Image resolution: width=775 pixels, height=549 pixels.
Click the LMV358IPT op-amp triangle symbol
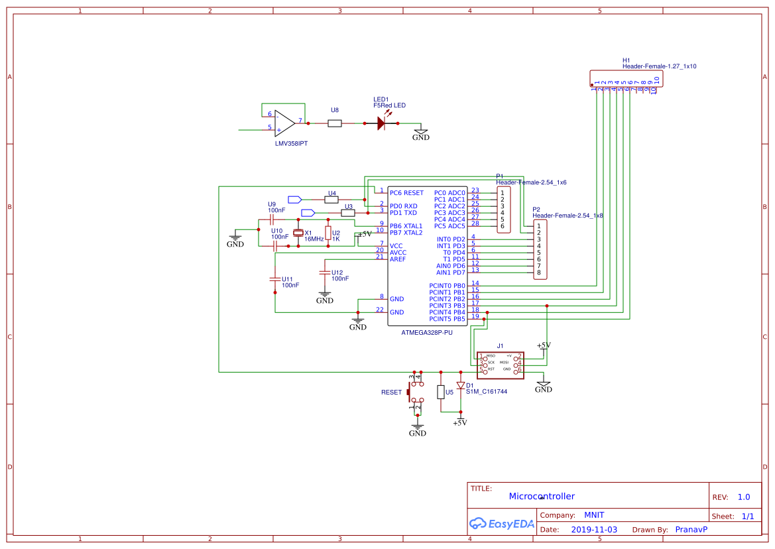point(284,123)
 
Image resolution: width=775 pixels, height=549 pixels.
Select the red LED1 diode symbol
point(381,123)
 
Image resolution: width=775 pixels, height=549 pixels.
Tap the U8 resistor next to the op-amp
point(335,123)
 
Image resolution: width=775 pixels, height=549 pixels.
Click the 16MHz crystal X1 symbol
point(298,233)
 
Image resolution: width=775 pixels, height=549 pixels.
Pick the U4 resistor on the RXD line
point(331,199)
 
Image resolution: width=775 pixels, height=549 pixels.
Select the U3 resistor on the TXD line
point(347,213)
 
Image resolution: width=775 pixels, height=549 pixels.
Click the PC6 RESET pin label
point(406,193)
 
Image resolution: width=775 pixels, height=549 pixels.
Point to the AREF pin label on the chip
point(398,259)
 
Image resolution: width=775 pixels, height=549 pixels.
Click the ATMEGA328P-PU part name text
point(427,332)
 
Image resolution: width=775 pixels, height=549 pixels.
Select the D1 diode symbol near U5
point(461,385)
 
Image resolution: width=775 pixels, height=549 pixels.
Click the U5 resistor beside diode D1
point(441,392)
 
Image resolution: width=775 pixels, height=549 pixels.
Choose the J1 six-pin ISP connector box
point(500,365)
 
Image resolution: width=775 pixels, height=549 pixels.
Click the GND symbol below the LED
point(421,135)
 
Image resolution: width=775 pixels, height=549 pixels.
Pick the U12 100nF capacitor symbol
point(324,272)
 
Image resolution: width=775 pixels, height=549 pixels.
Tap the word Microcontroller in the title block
point(542,496)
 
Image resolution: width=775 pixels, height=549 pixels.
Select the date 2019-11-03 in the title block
point(594,530)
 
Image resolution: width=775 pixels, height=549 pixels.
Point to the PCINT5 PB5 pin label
point(447,319)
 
